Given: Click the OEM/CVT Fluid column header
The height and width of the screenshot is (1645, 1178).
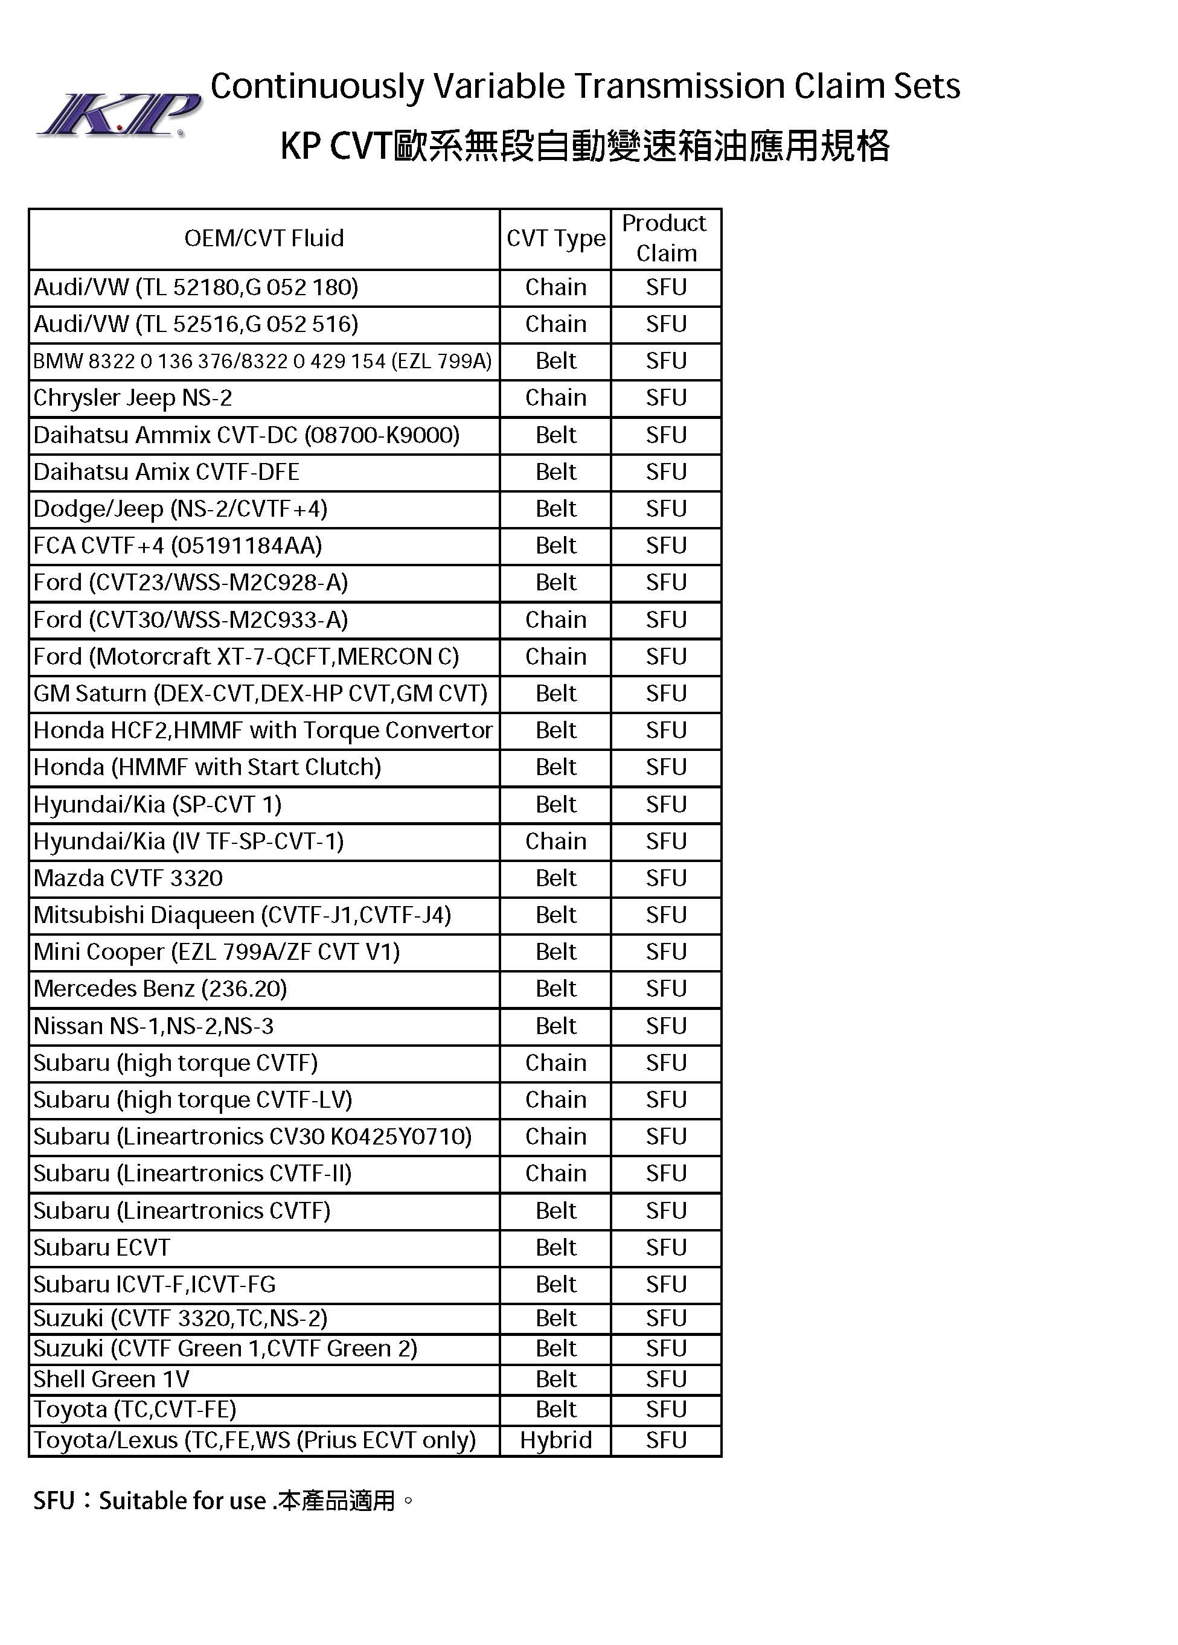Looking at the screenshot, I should tap(264, 238).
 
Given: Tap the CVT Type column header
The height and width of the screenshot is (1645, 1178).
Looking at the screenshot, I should tap(555, 238).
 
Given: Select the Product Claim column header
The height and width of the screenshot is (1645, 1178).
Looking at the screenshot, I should tap(665, 238).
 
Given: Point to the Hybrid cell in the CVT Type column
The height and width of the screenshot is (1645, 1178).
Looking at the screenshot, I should tap(555, 1440).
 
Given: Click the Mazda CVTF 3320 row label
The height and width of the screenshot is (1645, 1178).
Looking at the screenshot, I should tap(129, 878).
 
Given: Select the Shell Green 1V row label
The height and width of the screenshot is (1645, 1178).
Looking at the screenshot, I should tap(111, 1379).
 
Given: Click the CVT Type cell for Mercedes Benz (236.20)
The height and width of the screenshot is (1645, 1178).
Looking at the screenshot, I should tap(555, 989).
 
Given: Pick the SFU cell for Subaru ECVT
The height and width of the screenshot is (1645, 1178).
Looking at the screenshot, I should tap(666, 1248).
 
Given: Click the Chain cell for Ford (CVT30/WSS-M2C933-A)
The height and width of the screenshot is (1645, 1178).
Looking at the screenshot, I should tap(555, 620).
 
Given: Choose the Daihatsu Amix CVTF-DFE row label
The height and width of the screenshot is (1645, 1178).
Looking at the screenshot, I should tap(166, 472).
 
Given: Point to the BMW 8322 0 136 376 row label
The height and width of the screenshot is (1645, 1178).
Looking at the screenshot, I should tap(263, 361).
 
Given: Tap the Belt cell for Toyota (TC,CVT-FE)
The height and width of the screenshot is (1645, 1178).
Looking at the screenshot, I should tap(555, 1410).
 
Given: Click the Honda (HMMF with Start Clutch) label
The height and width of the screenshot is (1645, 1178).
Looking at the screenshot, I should tap(208, 767).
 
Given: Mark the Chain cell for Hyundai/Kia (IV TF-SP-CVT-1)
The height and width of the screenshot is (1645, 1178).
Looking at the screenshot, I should tap(555, 842).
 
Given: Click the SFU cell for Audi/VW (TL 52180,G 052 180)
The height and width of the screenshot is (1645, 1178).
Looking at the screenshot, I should tap(666, 287).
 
